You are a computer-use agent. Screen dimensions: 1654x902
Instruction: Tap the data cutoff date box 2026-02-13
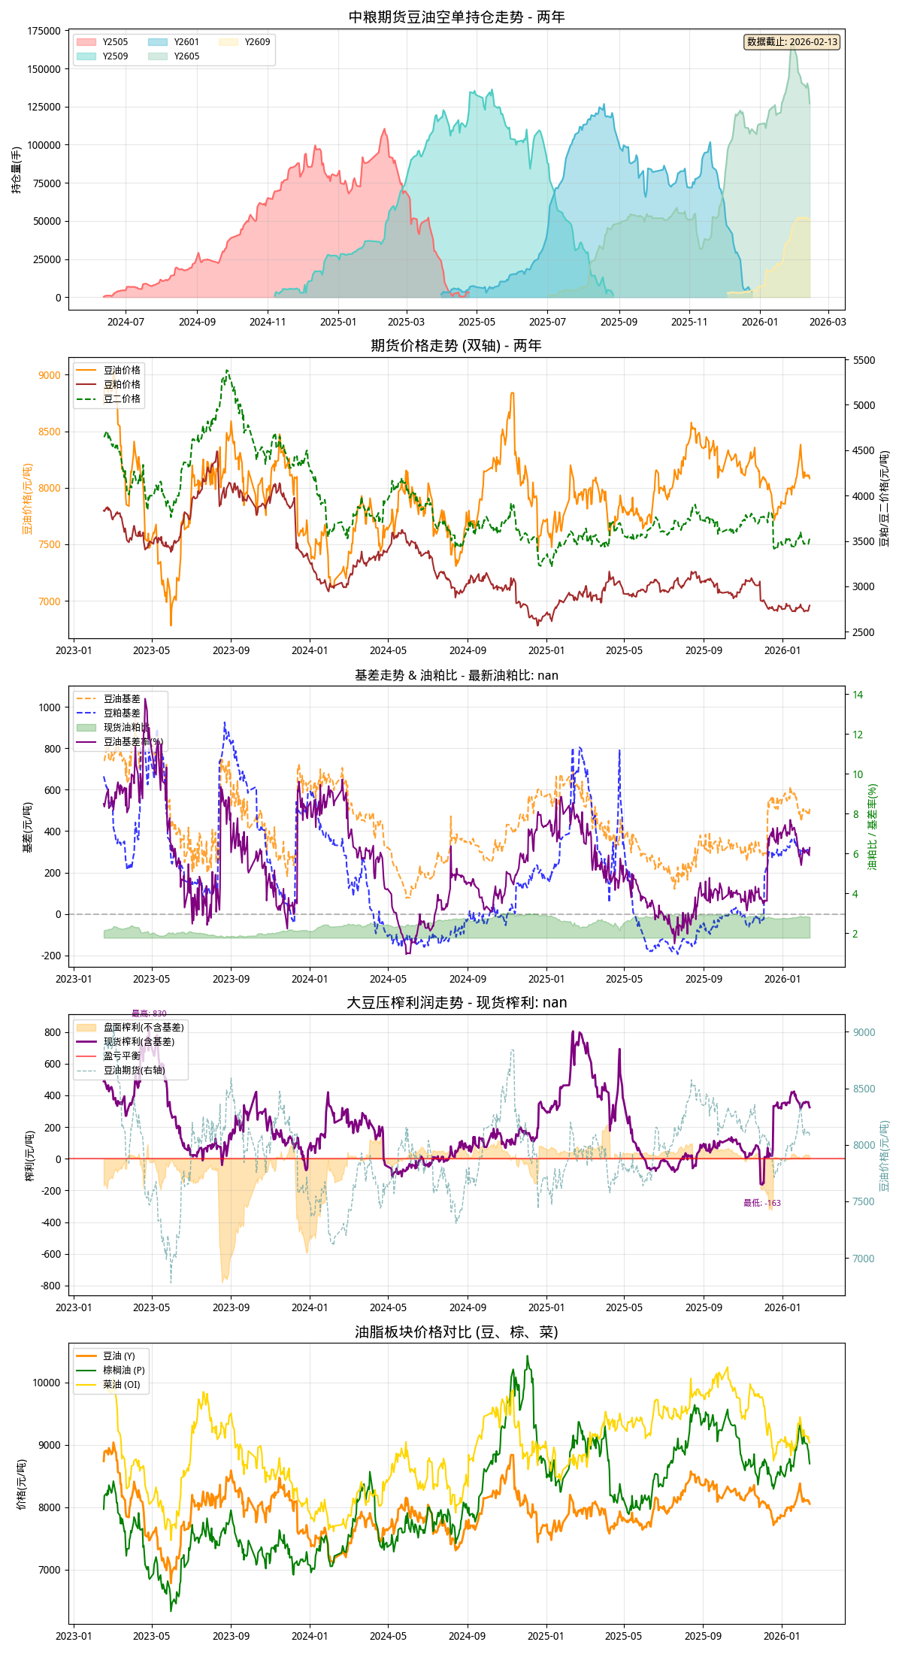(x=792, y=42)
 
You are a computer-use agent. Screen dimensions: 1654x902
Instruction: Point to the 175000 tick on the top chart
(x=44, y=31)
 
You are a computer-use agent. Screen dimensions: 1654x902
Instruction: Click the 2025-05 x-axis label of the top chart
(x=477, y=322)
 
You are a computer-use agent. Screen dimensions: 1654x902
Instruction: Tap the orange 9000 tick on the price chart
(x=50, y=375)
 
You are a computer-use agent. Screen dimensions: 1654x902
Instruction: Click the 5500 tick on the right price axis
(x=864, y=360)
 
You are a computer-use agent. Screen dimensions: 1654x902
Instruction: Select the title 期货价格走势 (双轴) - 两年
(x=456, y=345)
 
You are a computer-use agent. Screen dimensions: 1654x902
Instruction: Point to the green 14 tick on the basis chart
(x=858, y=695)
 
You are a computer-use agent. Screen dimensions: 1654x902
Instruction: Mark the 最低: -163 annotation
(x=762, y=1203)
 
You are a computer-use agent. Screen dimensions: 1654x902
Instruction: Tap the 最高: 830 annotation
(x=149, y=1013)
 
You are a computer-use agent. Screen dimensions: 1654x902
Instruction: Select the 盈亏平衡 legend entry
(x=122, y=1056)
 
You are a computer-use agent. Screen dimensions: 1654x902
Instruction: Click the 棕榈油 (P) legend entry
(x=124, y=1370)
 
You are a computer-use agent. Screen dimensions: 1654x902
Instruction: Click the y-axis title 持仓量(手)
(x=17, y=170)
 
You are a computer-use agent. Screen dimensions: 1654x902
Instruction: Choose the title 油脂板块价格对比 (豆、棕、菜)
(x=456, y=1331)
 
